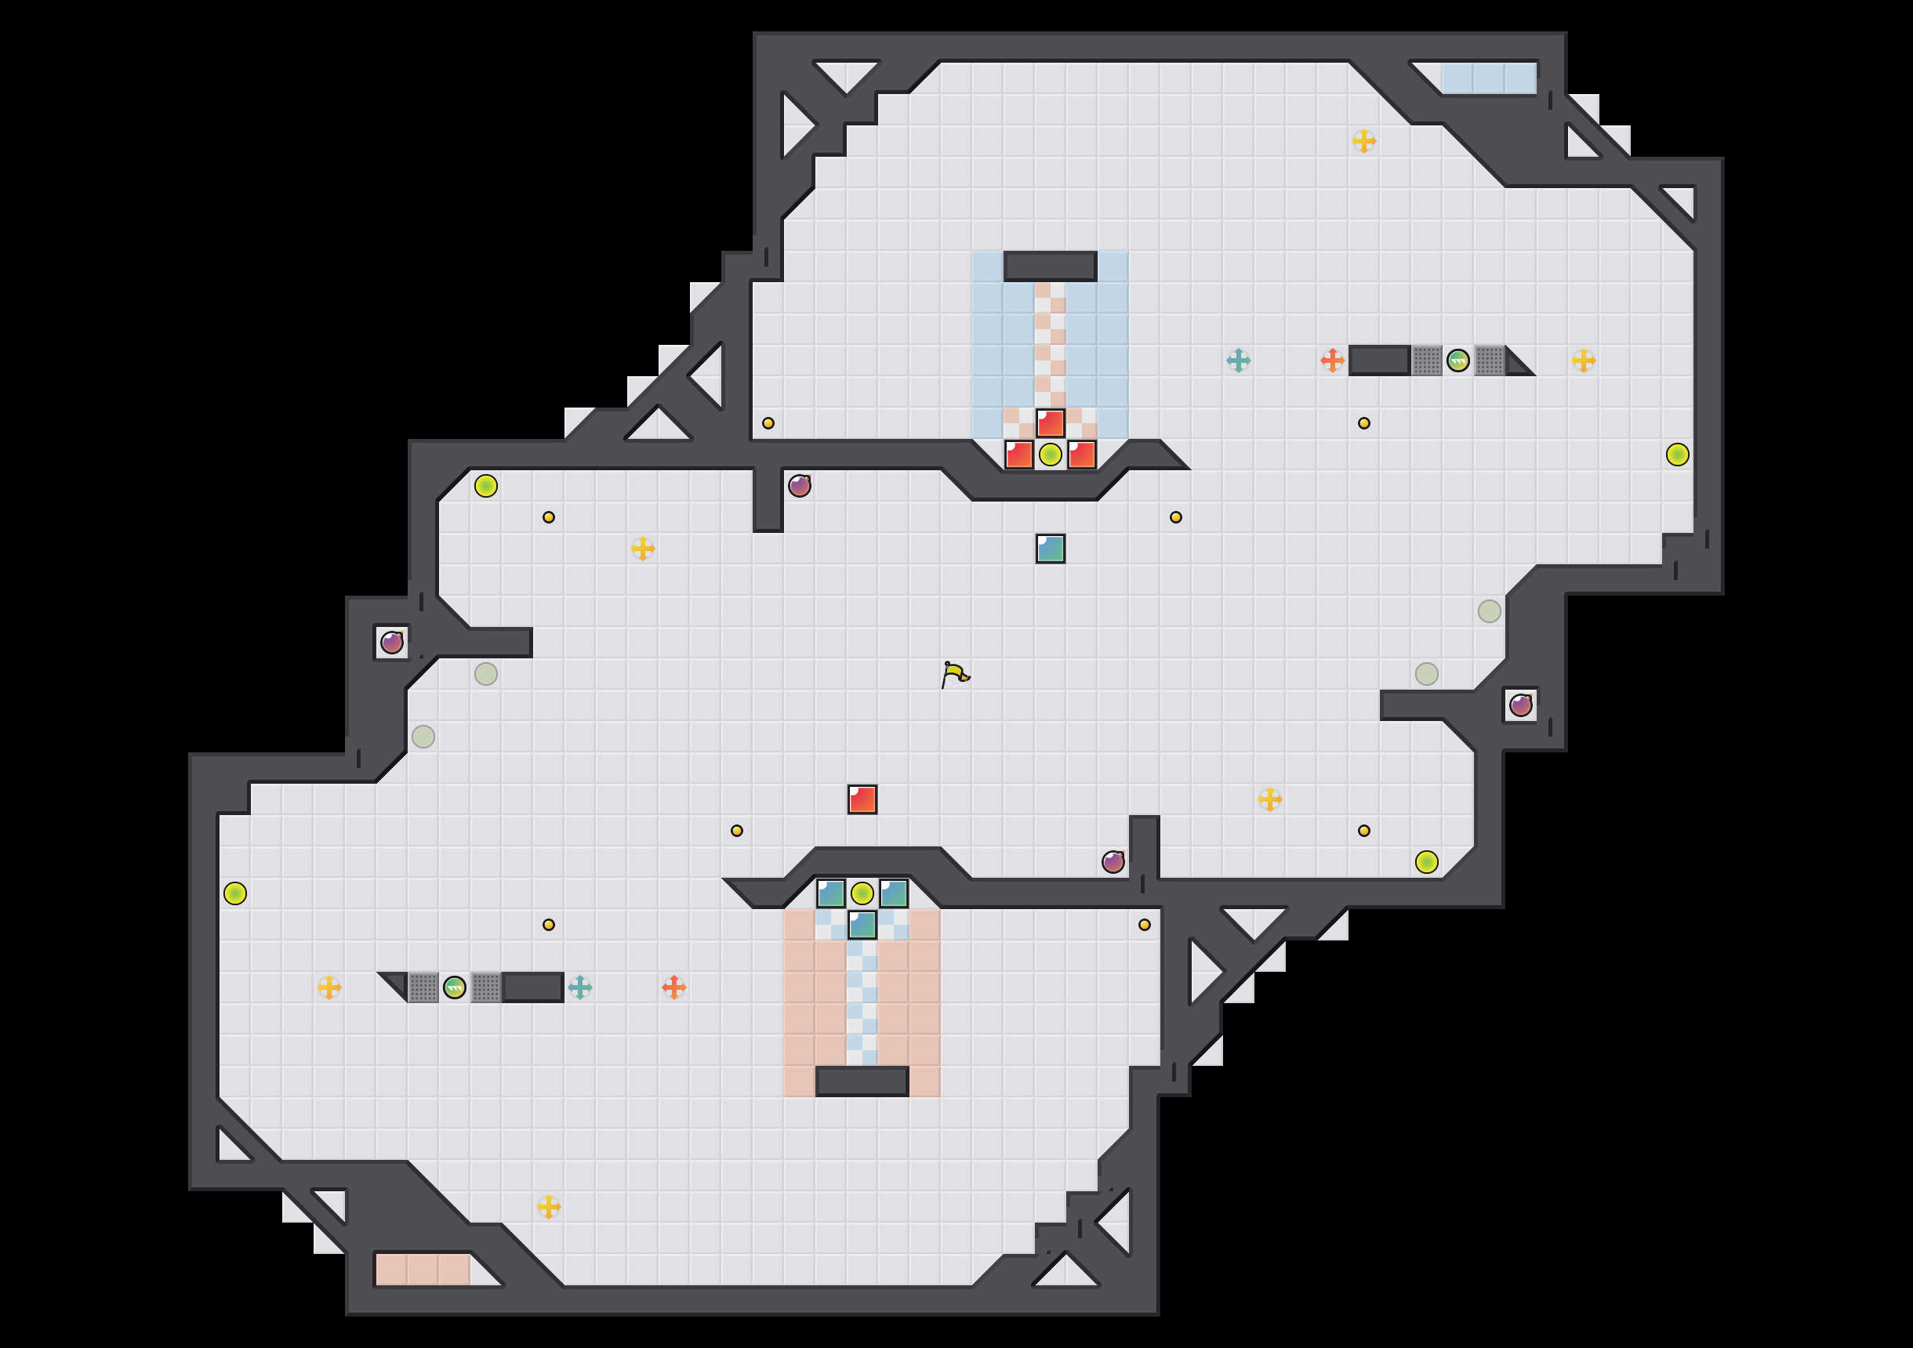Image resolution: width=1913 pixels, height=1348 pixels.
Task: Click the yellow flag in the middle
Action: (x=955, y=673)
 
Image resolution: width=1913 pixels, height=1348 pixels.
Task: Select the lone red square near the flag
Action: (x=862, y=799)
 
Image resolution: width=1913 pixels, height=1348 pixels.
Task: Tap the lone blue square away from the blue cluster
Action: (x=1050, y=548)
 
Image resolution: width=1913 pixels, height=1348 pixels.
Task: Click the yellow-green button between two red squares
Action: (x=1050, y=455)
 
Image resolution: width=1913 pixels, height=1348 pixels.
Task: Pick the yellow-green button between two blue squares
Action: (x=862, y=893)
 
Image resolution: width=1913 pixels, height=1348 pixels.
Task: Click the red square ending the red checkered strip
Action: (x=1050, y=423)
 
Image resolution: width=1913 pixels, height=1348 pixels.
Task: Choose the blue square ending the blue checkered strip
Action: (x=862, y=925)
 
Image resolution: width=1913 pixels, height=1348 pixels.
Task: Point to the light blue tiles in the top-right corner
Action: (x=1488, y=78)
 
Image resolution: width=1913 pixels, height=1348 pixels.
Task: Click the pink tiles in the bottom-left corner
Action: (x=423, y=1270)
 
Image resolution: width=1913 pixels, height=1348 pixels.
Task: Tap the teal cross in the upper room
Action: (x=1238, y=361)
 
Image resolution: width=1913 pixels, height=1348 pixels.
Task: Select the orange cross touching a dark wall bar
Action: (x=1332, y=361)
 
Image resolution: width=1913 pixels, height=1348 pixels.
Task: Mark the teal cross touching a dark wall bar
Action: (x=580, y=987)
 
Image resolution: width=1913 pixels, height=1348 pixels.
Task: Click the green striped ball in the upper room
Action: (x=1457, y=361)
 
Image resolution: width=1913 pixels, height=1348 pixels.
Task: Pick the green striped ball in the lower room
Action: (x=454, y=987)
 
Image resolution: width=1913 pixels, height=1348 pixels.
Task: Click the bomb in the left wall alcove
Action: (x=391, y=643)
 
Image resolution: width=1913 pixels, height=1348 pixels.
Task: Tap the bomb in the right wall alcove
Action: (x=1520, y=705)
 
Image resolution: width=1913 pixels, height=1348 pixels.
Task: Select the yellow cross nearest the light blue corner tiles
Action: (x=1364, y=141)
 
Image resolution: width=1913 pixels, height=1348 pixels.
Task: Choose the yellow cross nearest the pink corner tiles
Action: (x=548, y=1206)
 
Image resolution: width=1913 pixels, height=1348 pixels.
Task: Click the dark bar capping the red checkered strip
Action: (x=1050, y=266)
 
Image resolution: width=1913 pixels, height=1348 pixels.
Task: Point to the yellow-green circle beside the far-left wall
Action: (x=235, y=893)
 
